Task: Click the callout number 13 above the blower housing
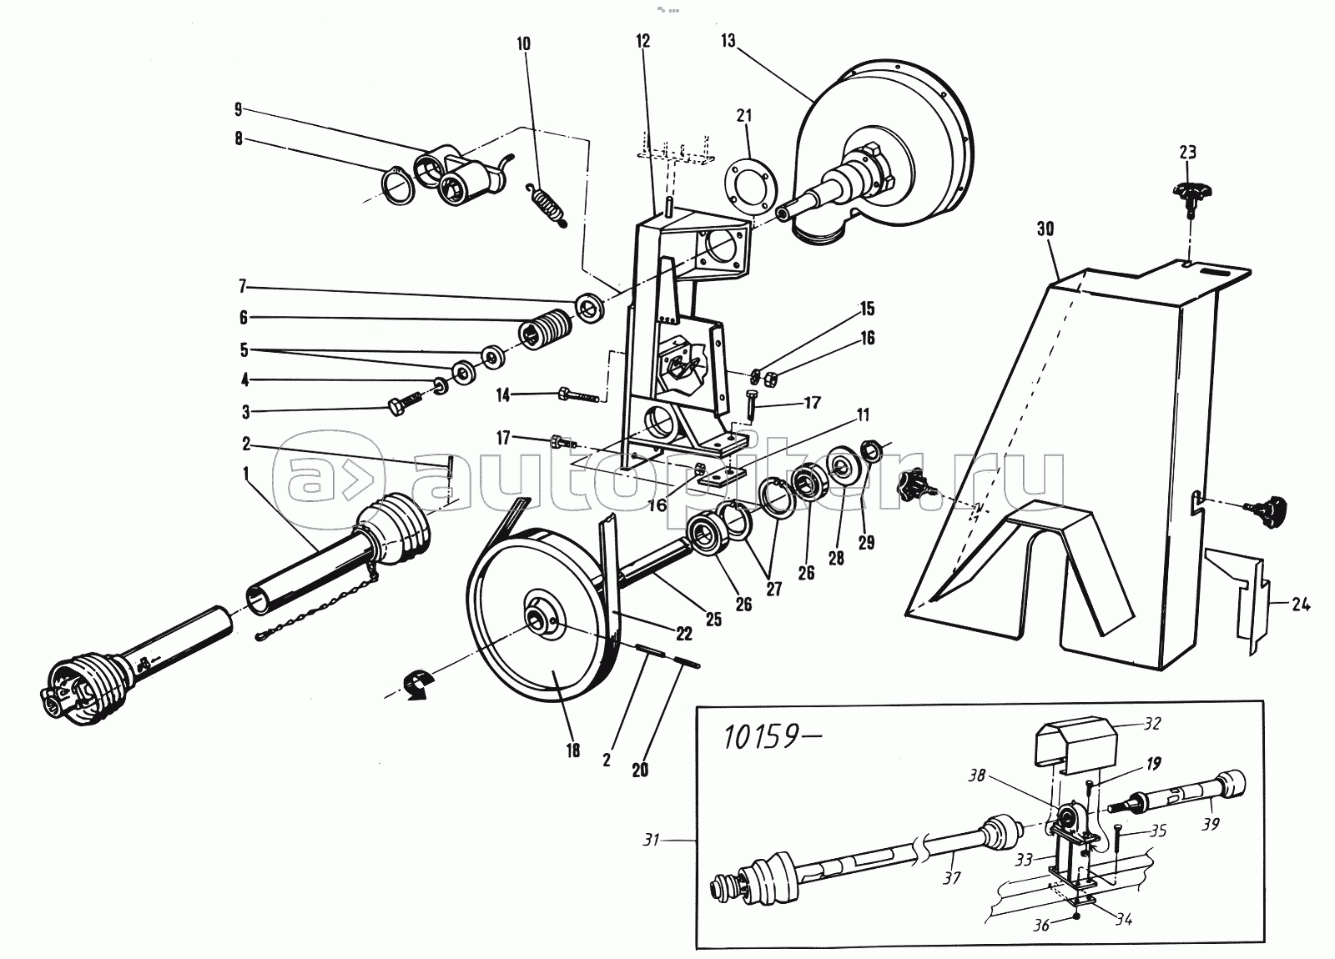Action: click(728, 41)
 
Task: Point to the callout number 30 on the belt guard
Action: click(1045, 228)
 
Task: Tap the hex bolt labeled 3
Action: click(405, 405)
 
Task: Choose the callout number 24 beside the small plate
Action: click(1300, 605)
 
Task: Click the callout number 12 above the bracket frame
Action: click(643, 41)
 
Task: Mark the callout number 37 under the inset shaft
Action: click(952, 878)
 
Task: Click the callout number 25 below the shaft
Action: click(713, 620)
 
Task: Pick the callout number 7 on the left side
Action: click(243, 287)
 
